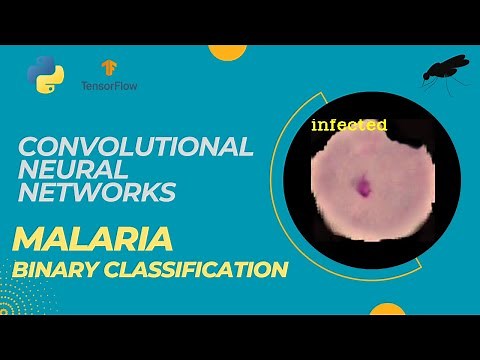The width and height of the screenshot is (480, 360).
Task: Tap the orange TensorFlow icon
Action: pos(107,66)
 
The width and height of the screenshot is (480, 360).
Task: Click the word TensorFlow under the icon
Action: pos(109,87)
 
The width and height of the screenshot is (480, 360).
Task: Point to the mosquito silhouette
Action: pos(446,67)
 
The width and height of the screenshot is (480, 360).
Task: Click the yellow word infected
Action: pos(349,126)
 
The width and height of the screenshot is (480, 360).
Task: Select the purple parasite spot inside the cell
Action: pos(361,185)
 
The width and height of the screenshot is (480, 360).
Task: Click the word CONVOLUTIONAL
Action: pos(136,147)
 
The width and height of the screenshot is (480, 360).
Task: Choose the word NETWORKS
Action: pos(98,191)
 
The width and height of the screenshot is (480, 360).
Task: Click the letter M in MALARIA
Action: pos(28,241)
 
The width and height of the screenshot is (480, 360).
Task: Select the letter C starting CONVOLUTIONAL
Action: pos(28,147)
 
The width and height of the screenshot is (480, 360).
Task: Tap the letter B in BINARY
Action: pos(19,270)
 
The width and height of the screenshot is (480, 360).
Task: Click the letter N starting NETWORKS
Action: pos(28,191)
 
